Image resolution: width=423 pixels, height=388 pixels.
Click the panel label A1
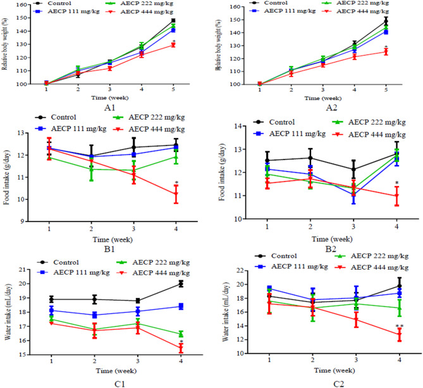(x=102, y=108)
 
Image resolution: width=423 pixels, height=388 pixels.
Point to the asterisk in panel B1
(x=176, y=184)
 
